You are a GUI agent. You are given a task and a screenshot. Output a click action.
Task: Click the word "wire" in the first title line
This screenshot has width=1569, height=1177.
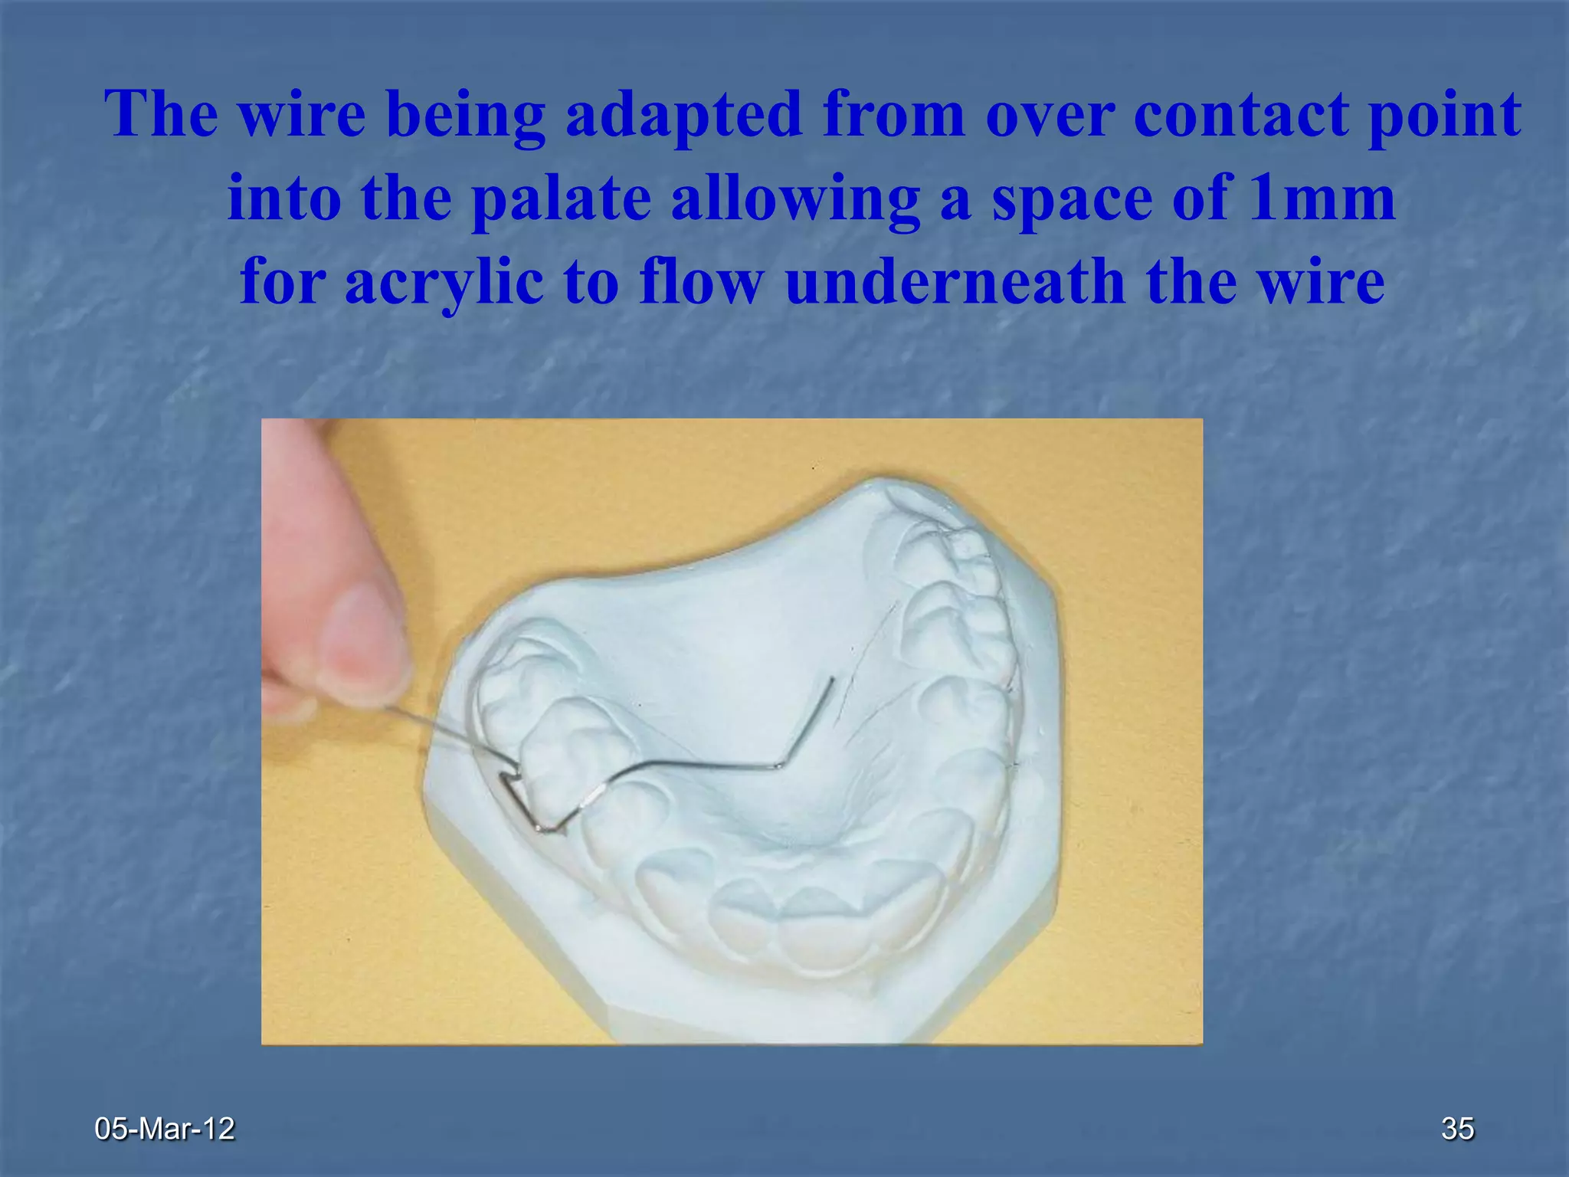[301, 115]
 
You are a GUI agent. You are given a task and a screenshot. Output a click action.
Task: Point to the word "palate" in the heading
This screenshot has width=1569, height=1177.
[560, 198]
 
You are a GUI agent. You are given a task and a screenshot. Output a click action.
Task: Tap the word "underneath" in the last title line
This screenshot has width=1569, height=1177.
[955, 282]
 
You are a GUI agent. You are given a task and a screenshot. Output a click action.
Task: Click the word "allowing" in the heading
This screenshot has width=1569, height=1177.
[795, 198]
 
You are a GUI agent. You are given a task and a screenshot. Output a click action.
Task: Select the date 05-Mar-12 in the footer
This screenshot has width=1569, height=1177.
[164, 1129]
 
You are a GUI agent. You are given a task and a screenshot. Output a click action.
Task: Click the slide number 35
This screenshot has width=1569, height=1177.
[1457, 1129]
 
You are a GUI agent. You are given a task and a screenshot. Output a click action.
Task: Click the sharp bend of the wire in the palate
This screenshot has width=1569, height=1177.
[779, 764]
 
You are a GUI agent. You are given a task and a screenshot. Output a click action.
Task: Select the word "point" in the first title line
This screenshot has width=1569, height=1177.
[1453, 115]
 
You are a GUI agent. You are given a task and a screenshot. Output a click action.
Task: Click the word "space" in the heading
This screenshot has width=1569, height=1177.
[1071, 198]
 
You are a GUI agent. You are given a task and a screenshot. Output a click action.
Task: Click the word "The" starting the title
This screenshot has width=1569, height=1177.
[161, 115]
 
